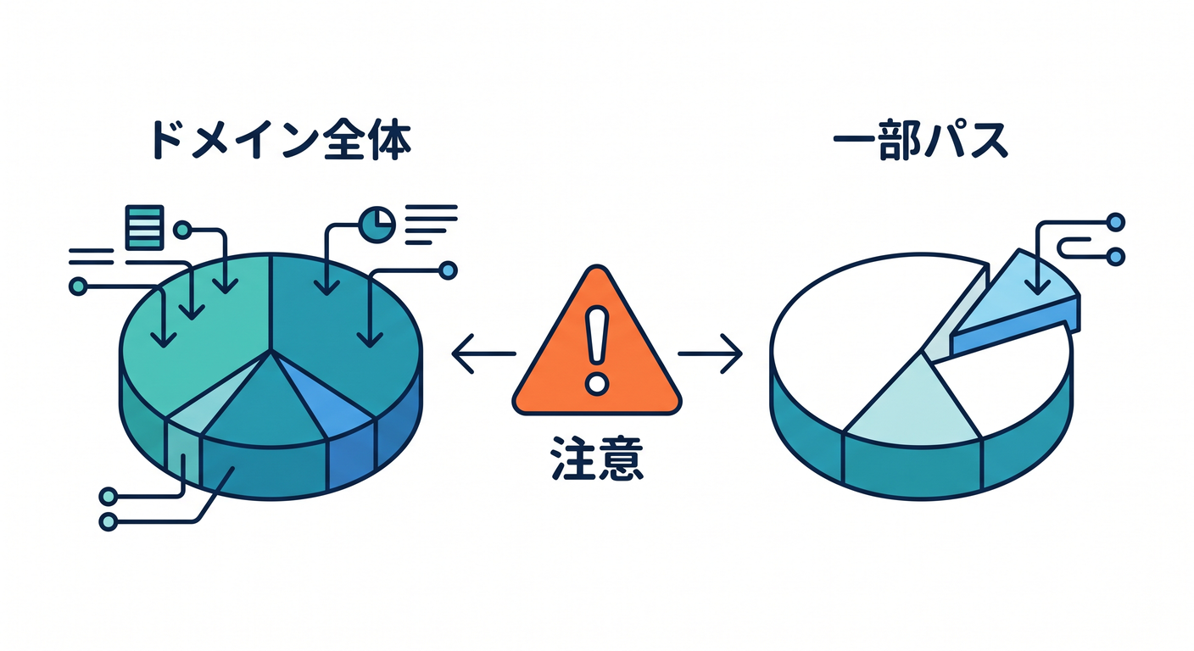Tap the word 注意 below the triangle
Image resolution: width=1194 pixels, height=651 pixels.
click(x=597, y=459)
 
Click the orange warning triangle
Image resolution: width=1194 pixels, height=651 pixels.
click(x=597, y=352)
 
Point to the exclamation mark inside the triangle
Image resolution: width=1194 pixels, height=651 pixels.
click(x=596, y=350)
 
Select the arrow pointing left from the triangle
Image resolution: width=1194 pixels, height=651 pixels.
click(x=483, y=353)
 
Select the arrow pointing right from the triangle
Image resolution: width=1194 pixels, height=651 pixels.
click(x=710, y=353)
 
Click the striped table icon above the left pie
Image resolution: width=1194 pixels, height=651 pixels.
click(x=144, y=227)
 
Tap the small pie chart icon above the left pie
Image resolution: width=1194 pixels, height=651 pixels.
click(x=377, y=225)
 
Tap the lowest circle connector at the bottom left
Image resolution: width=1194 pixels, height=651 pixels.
click(x=109, y=521)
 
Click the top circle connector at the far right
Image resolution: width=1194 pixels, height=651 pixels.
click(x=1116, y=221)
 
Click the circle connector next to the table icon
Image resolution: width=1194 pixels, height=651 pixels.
click(x=182, y=231)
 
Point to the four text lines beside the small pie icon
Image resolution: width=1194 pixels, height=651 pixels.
click(x=431, y=225)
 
